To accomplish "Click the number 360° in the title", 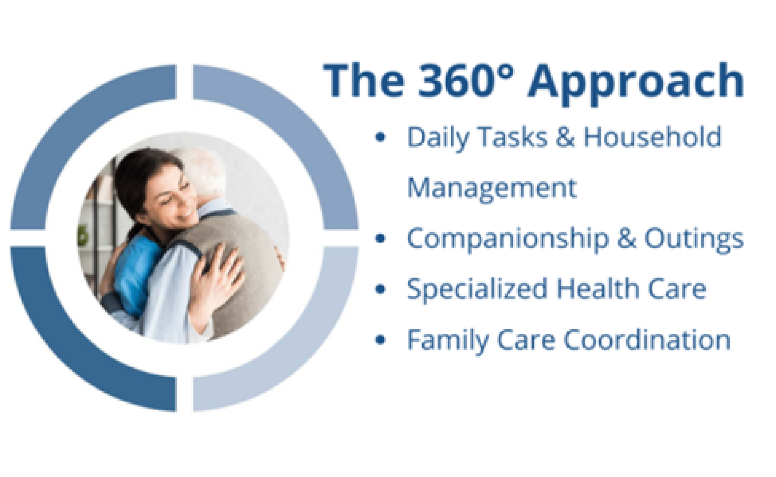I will coord(466,81).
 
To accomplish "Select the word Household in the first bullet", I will coord(652,137).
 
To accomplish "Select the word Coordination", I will coord(647,340).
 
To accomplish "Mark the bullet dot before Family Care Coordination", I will coord(380,340).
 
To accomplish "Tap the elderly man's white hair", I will coord(206,171).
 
